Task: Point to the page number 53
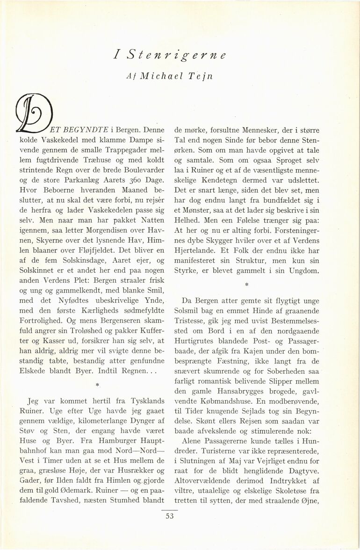pyautogui.click(x=169, y=515)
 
